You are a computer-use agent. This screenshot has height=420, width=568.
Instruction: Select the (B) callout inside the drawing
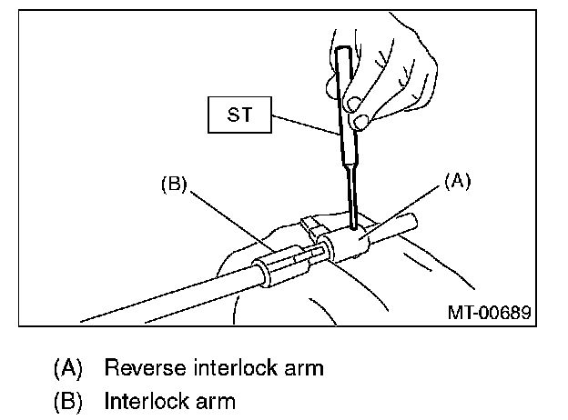[x=174, y=185]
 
